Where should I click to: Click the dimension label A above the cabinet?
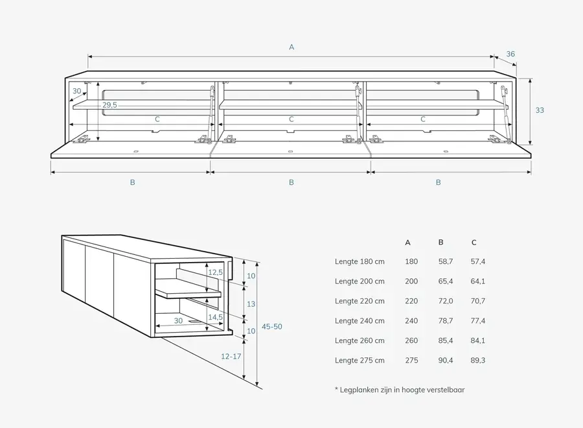[291, 47]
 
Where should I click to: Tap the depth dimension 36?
[510, 54]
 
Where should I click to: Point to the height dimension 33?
[540, 110]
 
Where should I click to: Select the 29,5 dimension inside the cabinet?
[109, 105]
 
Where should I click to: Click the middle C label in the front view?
[291, 119]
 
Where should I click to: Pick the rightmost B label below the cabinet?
[438, 182]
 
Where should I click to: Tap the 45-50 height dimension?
[271, 327]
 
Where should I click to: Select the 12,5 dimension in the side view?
[216, 272]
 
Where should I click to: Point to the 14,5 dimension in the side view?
[216, 317]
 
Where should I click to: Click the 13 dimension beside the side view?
[251, 303]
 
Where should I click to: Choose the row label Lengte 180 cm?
[360, 262]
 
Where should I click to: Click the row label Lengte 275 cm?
[360, 361]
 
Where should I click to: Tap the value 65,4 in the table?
[444, 281]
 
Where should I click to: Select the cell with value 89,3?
[478, 361]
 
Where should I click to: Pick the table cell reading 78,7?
[444, 321]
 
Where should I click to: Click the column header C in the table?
[474, 243]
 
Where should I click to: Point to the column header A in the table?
[407, 243]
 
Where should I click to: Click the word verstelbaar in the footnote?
[446, 390]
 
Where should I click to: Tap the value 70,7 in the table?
[478, 302]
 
